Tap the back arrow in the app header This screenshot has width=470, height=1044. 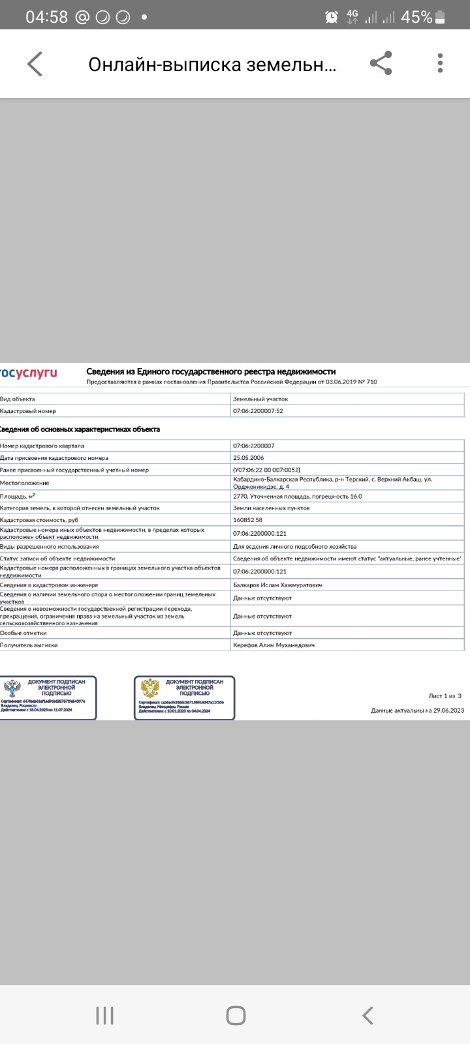pos(35,64)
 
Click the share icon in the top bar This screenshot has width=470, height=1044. pos(381,63)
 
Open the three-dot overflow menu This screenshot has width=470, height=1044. pos(441,63)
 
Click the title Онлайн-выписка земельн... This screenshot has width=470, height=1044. pos(212,64)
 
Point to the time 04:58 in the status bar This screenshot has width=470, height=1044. pos(46,17)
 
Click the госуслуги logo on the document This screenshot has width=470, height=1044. pos(29,373)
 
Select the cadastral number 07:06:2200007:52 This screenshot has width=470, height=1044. pos(258,411)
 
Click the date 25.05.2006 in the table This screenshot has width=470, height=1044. pos(249,458)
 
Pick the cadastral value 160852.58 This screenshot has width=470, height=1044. pos(247,520)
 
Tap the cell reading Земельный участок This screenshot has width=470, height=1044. pos(260,399)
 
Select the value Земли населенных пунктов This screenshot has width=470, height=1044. pos(271,508)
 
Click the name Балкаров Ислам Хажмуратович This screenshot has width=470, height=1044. pos(277,585)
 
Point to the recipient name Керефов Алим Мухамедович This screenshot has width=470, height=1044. pos(274,645)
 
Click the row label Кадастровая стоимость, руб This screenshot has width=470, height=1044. pos(39,520)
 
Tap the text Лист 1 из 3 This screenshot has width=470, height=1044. pos(445,696)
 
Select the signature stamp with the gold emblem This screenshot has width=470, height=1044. pos(184,698)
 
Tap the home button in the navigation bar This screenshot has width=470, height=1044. pos(235,1015)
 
